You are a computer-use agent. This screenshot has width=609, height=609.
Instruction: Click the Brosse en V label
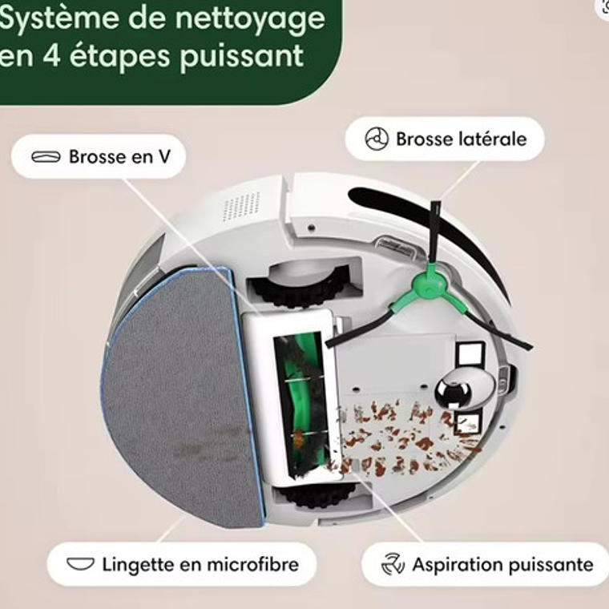[x=119, y=157]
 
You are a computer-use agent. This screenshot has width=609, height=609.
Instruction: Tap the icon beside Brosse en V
[x=46, y=157]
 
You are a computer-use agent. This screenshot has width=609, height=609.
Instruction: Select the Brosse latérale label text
[x=461, y=139]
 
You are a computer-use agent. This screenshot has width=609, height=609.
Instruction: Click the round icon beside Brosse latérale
[x=377, y=139]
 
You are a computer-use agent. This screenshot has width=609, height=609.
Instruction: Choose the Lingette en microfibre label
[x=200, y=564]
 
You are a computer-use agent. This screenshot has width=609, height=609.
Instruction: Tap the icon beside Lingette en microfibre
[x=80, y=564]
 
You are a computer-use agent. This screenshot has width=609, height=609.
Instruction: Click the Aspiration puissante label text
[x=502, y=565]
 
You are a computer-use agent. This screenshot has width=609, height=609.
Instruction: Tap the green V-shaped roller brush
[x=300, y=401]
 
